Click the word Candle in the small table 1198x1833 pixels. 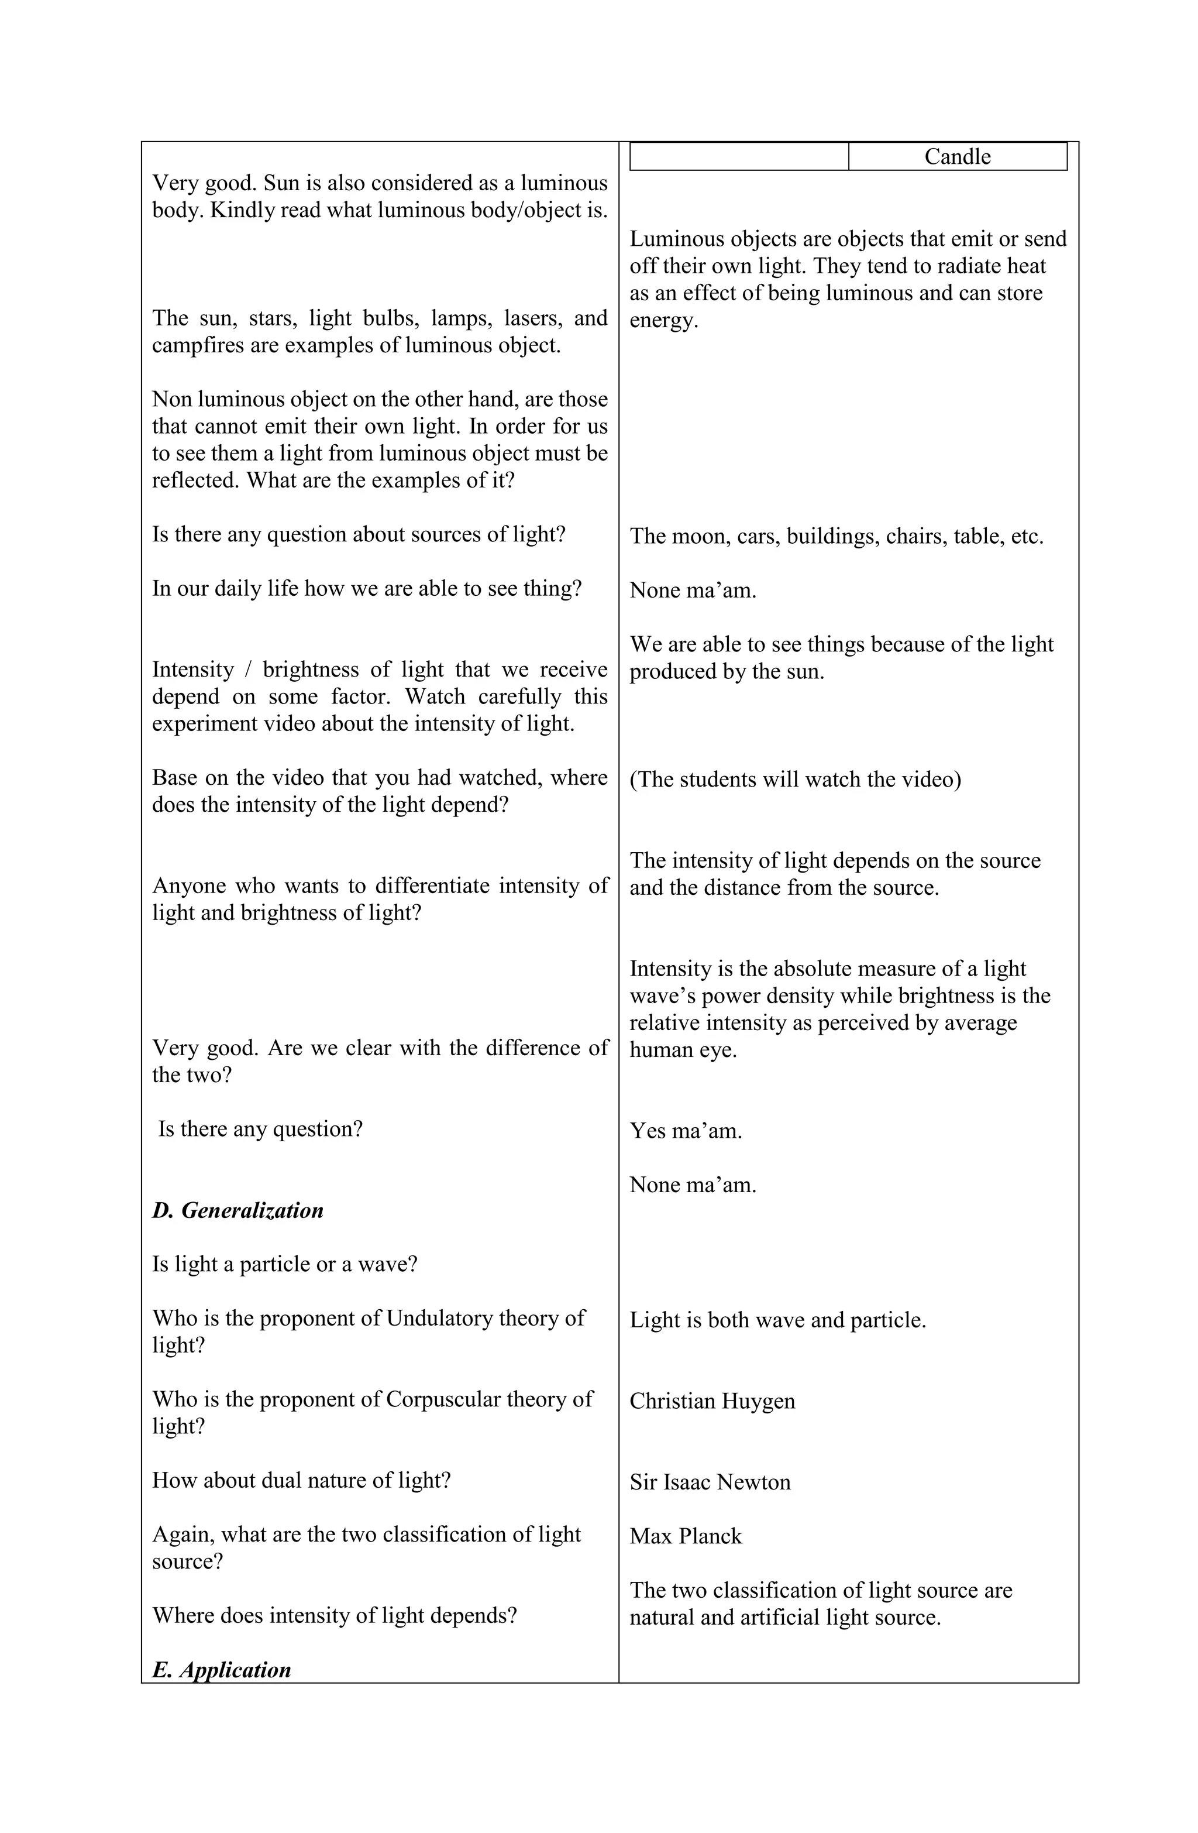click(956, 156)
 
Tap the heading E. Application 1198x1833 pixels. click(221, 1669)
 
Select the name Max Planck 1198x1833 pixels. click(685, 1536)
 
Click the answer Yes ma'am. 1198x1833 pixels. click(685, 1131)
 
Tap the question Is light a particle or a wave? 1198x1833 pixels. click(284, 1264)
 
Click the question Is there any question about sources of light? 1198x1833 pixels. click(358, 534)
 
